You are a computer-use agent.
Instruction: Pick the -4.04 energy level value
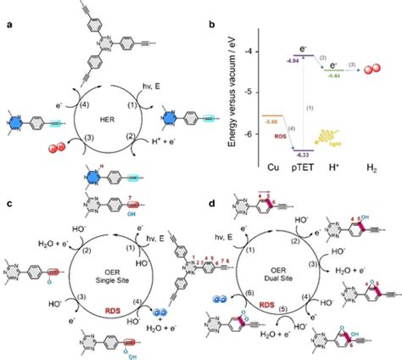pyautogui.click(x=290, y=62)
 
